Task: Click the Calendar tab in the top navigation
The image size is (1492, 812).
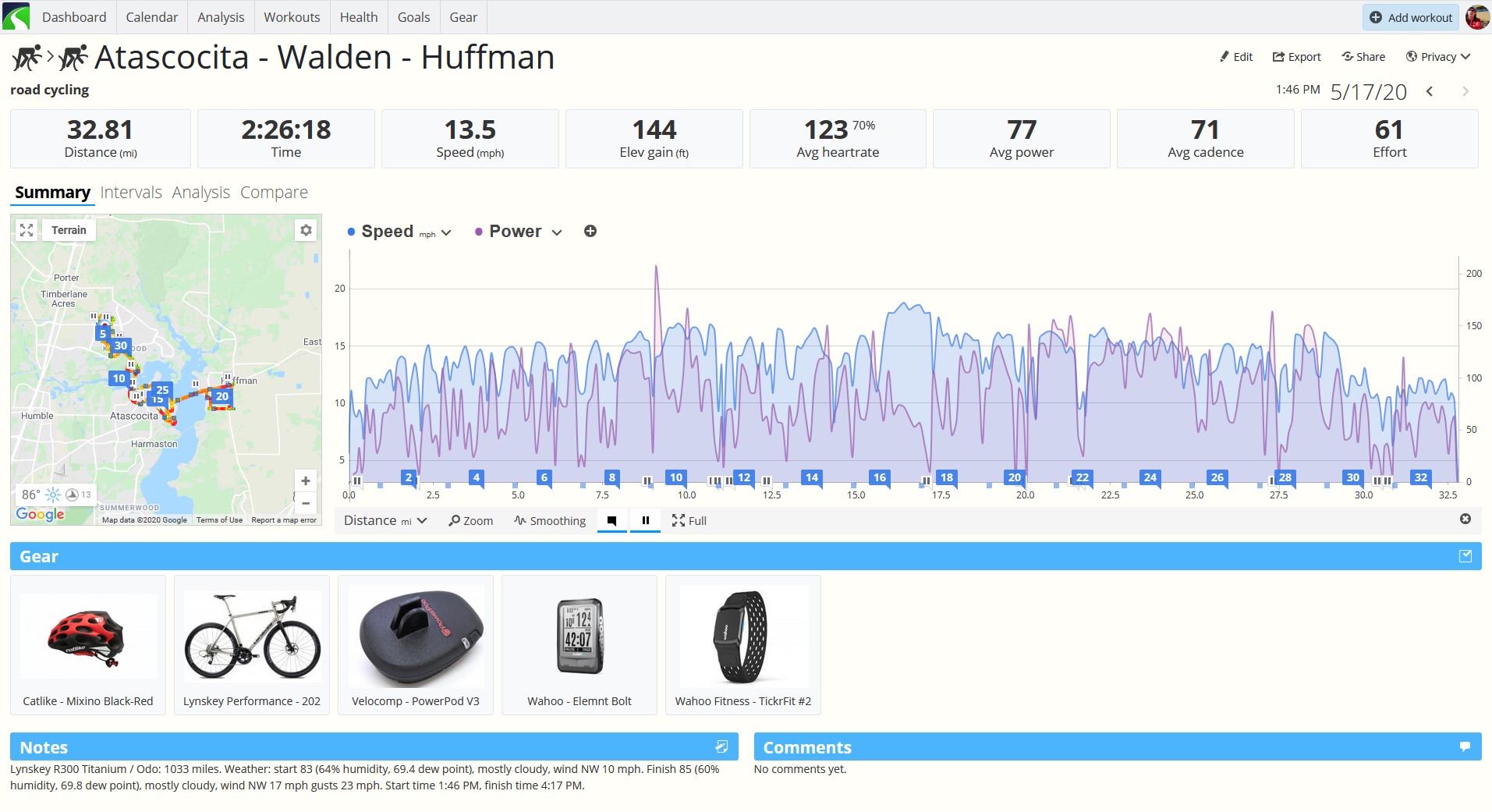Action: (x=151, y=17)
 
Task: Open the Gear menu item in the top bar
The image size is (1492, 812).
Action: (x=463, y=17)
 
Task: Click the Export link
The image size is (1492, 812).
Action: (x=1296, y=57)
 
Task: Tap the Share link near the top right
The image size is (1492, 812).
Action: (x=1363, y=57)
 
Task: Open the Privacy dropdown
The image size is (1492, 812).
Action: (x=1438, y=57)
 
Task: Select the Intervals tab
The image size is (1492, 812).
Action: (x=131, y=193)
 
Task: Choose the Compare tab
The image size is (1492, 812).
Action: (x=274, y=193)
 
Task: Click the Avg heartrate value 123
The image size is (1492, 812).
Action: (x=826, y=129)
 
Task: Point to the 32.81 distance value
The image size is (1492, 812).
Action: (x=100, y=129)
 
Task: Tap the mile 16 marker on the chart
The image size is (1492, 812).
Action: (x=880, y=477)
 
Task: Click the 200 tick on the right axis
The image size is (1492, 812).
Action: (x=1473, y=274)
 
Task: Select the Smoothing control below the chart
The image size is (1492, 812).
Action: (x=550, y=521)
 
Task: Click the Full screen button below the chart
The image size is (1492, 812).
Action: (x=689, y=521)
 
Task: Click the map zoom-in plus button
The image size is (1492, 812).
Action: (x=306, y=481)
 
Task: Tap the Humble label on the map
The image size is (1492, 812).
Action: (x=37, y=416)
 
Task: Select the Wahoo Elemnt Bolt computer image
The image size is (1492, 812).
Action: (x=579, y=636)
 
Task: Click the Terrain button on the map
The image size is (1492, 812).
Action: (x=69, y=230)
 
